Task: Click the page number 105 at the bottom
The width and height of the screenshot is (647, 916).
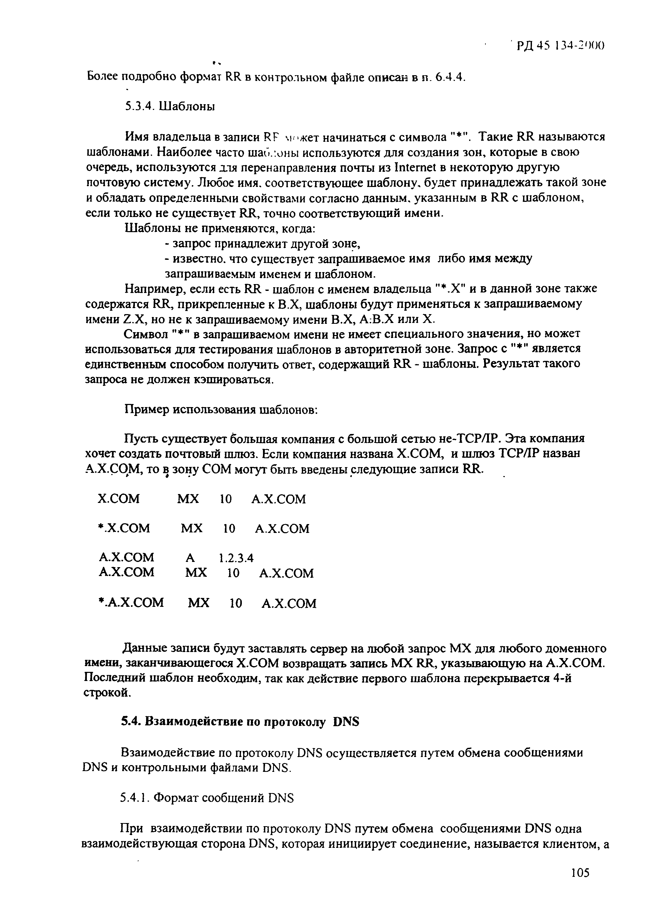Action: point(580,884)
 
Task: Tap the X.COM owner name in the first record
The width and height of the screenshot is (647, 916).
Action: point(119,499)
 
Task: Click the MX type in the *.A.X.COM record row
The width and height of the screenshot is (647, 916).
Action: point(199,602)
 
